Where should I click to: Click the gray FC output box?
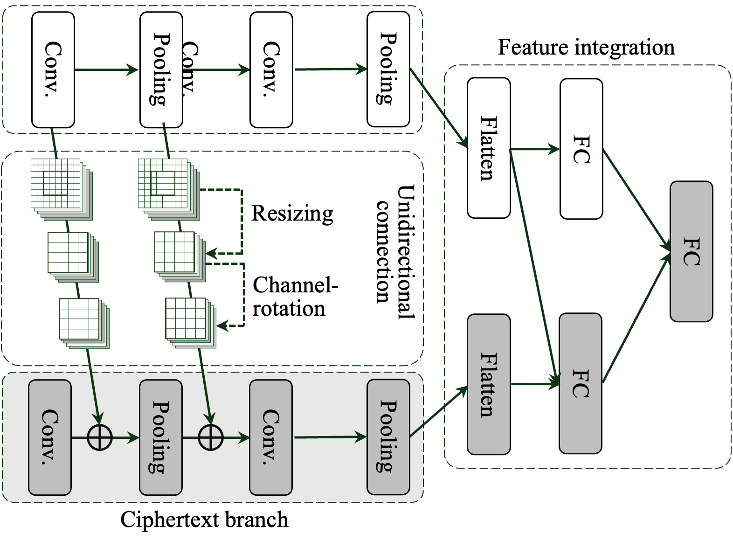691,251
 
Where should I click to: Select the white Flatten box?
489,148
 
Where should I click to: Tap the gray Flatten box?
489,384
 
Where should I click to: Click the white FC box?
581,149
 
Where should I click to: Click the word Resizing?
292,214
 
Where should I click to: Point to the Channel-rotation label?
295,297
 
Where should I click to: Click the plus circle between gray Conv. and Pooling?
100,437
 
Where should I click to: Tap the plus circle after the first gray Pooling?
210,437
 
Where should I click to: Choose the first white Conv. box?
53,70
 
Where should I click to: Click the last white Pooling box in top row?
388,69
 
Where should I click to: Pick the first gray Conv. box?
50,437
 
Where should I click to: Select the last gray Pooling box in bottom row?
388,437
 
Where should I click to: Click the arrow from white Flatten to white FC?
535,149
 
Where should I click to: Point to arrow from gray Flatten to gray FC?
535,384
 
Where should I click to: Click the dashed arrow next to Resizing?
242,222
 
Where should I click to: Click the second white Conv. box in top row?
271,70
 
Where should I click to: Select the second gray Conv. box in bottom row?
271,437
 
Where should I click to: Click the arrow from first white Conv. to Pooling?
106,70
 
